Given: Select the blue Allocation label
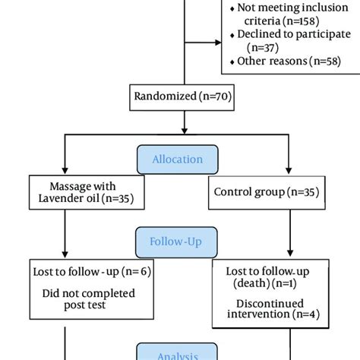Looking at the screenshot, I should click(178, 159).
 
